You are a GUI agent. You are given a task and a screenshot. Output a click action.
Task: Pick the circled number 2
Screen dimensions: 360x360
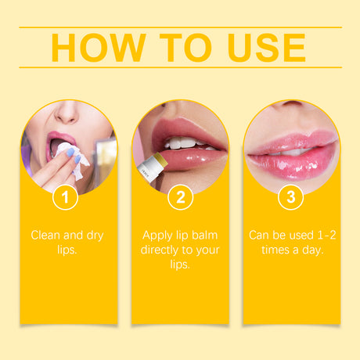pos(180,197)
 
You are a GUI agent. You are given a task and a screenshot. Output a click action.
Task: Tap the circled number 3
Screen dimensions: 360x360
pos(290,197)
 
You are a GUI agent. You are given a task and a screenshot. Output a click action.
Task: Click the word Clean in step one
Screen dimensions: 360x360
pos(48,235)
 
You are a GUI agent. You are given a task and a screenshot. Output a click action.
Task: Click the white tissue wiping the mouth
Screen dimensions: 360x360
pos(67,151)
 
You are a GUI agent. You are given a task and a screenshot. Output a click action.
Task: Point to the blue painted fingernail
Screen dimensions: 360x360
pos(80,160)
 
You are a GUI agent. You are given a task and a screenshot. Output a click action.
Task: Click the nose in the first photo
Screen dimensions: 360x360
pos(67,113)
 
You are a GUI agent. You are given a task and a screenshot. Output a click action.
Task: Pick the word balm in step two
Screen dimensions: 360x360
pos(202,235)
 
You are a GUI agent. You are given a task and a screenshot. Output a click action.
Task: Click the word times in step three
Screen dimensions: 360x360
pos(272,250)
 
